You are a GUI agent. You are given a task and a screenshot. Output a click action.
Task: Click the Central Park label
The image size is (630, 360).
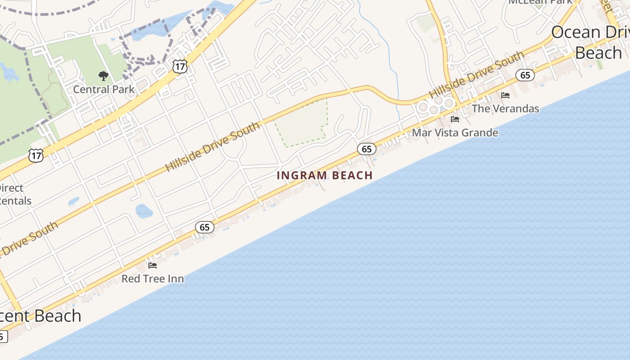[103, 89]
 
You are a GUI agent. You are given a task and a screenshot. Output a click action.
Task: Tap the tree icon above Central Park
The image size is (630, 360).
[103, 76]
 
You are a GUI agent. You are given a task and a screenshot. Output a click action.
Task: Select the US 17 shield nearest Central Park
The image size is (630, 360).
[180, 67]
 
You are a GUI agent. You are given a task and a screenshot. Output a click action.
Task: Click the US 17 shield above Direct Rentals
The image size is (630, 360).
[36, 156]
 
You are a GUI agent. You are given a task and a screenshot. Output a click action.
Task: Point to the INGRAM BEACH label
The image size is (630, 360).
[324, 175]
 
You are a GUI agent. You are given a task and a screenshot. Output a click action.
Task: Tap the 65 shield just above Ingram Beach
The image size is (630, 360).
[367, 149]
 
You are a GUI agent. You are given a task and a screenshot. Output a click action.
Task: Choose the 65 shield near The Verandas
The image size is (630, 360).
[525, 75]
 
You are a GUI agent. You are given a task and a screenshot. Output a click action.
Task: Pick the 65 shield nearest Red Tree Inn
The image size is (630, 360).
[205, 227]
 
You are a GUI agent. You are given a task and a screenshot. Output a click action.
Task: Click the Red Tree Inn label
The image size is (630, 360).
[153, 279]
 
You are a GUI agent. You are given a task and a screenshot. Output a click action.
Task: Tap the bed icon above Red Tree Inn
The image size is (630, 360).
[153, 265]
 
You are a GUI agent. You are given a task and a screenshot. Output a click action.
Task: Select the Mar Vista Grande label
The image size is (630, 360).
[455, 133]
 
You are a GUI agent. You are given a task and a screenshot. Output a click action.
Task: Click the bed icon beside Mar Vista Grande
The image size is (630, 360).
[455, 119]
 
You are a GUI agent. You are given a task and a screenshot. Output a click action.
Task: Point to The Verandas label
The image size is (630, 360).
[505, 108]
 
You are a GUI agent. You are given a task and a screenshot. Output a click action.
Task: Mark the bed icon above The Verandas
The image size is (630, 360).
[505, 95]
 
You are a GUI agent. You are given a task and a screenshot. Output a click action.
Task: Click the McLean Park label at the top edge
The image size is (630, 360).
[540, 2]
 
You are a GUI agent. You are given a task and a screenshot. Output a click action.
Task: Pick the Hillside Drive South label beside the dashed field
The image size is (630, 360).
[213, 147]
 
